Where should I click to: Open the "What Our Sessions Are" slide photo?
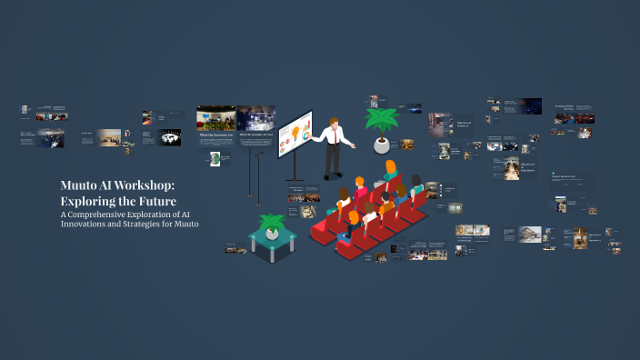point(215,119)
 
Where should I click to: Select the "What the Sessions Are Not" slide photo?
point(255,118)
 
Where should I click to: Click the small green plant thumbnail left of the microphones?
point(215,158)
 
